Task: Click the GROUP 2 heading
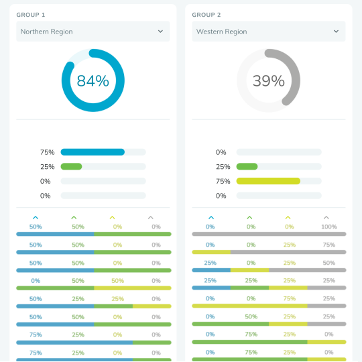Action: (207, 14)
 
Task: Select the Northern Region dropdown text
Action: (46, 32)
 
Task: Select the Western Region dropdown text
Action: (221, 32)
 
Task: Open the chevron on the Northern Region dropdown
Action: (160, 32)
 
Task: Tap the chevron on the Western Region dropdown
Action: (336, 32)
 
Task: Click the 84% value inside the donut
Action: (93, 80)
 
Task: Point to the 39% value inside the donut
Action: (268, 80)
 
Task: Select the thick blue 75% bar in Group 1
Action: (93, 152)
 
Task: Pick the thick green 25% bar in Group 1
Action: (71, 166)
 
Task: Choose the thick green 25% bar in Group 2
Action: (247, 166)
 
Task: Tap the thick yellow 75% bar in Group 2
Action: (268, 181)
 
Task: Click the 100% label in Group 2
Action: (329, 227)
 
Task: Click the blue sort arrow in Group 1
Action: (36, 217)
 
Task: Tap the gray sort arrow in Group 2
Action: (326, 217)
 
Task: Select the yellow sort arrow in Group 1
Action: (112, 217)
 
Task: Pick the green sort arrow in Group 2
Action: (249, 217)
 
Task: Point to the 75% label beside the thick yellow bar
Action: (223, 181)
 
